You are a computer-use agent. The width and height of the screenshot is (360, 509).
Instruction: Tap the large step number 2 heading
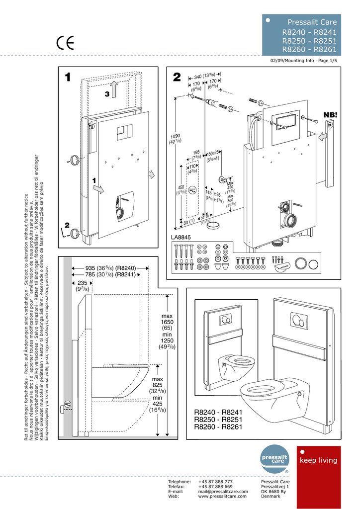(x=177, y=78)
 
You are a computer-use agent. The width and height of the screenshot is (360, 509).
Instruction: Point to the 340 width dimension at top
(x=201, y=75)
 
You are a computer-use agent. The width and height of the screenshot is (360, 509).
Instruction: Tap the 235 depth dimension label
(x=82, y=286)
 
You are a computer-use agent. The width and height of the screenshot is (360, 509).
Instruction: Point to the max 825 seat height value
(x=157, y=385)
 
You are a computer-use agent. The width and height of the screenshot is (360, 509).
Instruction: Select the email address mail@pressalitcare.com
(x=223, y=491)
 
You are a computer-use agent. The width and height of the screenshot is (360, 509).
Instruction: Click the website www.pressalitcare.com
(x=222, y=496)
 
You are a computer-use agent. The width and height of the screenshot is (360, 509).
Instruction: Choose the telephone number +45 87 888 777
(x=215, y=482)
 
